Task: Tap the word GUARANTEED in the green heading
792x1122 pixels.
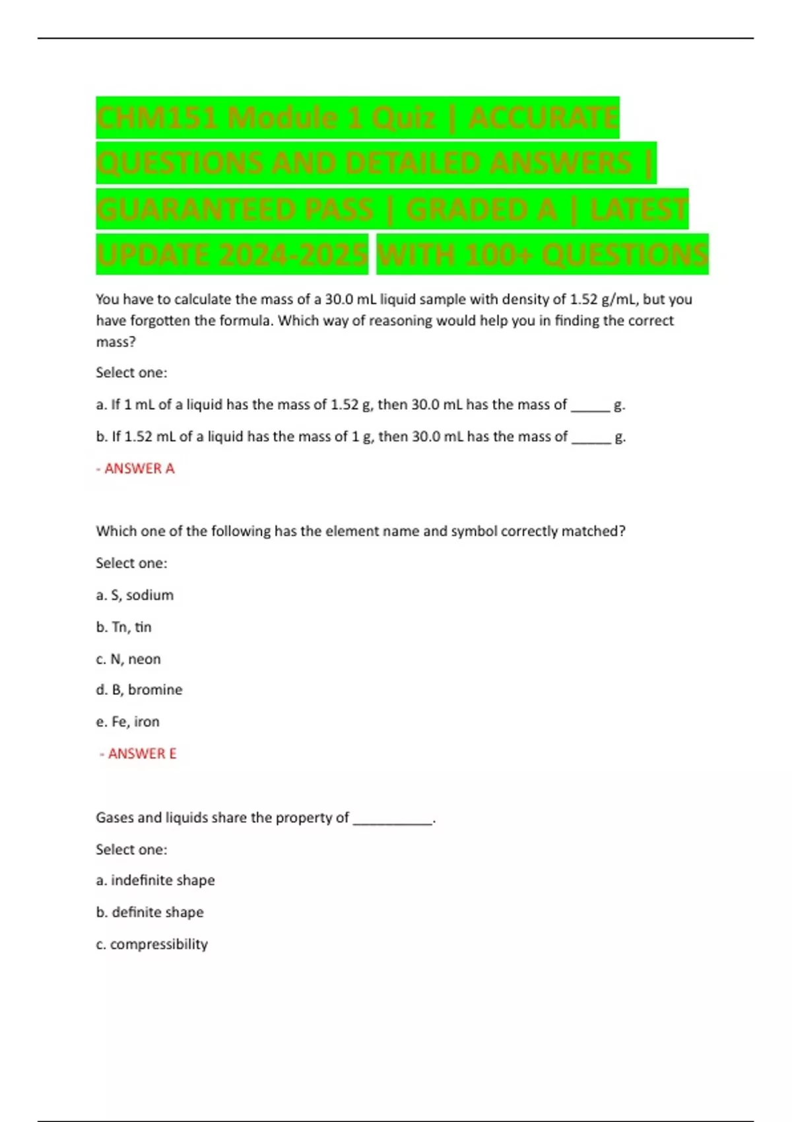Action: [x=234, y=210]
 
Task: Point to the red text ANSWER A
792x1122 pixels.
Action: [x=139, y=469]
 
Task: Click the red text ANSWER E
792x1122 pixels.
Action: [x=142, y=754]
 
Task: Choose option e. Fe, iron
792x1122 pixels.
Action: [x=128, y=721]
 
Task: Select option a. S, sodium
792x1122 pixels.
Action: [x=135, y=595]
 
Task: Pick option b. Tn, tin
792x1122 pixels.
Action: [x=124, y=627]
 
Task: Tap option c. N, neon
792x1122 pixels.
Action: [x=129, y=659]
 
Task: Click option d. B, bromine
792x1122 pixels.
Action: [x=139, y=690]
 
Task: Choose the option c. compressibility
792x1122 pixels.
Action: [x=152, y=944]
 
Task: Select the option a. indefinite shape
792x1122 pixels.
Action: [x=156, y=880]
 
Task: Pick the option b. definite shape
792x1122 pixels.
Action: [x=150, y=912]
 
